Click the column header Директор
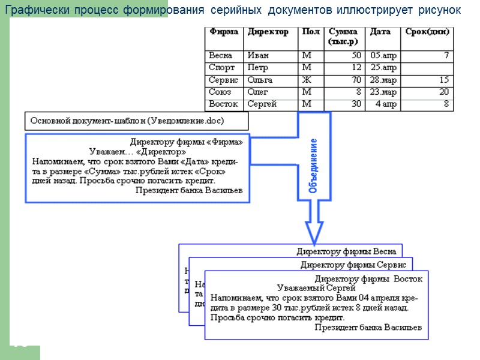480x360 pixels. tap(268, 32)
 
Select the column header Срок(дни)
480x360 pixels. tap(427, 32)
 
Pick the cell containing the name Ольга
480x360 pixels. tap(260, 80)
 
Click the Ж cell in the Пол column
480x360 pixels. tap(307, 80)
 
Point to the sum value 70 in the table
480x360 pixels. tap(356, 80)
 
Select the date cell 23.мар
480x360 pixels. tap(384, 92)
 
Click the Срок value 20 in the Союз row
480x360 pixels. tap(443, 92)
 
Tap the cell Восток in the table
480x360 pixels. tap(223, 104)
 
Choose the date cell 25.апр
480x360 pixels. tap(384, 68)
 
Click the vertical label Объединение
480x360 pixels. tap(313, 165)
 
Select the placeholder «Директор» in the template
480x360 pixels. tap(161, 152)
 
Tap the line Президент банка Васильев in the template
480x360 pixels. tap(188, 190)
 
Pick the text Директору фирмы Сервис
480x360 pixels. tap(353, 265)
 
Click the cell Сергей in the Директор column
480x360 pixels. tap(262, 104)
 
